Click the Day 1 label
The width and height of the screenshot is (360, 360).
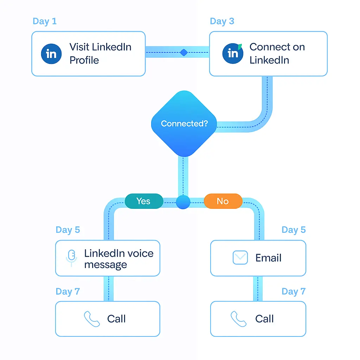[44, 21]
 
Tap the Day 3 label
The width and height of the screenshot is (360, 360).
[222, 21]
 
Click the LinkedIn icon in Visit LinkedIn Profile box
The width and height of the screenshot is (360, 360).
[51, 54]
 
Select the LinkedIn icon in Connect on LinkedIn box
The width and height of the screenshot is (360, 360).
[233, 53]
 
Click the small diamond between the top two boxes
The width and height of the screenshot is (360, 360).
[184, 53]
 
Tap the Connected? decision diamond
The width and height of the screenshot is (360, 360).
[184, 123]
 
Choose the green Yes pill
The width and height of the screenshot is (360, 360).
[144, 201]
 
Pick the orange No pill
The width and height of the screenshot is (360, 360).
[223, 201]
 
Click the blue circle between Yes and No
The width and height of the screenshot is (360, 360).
[183, 202]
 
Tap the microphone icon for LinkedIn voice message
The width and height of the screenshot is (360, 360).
[72, 258]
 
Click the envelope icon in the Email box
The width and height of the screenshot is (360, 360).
[240, 258]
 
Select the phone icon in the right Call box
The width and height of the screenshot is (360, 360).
[239, 319]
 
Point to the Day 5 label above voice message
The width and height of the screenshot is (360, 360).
[68, 230]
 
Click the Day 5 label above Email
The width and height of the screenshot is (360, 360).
[294, 230]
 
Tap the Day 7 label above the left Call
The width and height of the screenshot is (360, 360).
[68, 291]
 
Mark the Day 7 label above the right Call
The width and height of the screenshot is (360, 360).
[294, 291]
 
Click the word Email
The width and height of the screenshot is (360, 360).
[268, 258]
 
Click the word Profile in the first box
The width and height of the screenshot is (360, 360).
[84, 60]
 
